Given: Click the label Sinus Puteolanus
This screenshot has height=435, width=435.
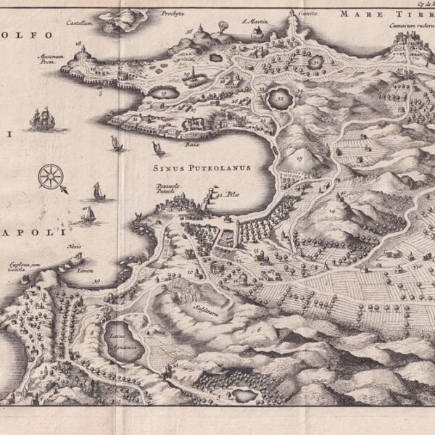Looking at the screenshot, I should [202, 167].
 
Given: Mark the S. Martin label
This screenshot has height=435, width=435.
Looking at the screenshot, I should [254, 21].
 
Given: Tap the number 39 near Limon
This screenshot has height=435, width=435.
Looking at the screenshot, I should [96, 281].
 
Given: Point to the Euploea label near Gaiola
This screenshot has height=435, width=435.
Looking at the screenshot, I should [22, 268].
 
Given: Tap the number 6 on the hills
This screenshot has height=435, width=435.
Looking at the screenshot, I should [260, 330].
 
